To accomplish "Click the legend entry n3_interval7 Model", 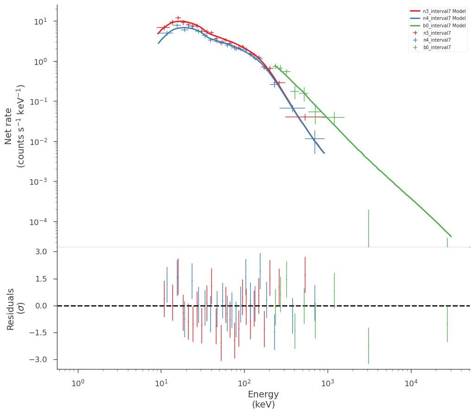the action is tap(438, 11).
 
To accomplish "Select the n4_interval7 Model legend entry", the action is tap(438, 19).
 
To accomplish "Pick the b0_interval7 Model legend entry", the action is tap(438, 25).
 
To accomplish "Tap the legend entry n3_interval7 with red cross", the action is tap(430, 33).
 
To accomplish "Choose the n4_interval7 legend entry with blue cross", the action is tap(430, 40).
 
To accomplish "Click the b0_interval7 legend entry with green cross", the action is tap(430, 47).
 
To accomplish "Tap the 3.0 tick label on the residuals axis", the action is tap(41, 252).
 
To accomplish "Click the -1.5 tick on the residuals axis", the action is tap(38, 332).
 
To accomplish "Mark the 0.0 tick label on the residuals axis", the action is tap(41, 306).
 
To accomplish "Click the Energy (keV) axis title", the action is tap(263, 399).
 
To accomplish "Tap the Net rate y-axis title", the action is tap(14, 126).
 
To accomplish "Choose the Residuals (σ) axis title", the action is tap(14, 309).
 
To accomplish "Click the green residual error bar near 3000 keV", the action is tap(368, 345).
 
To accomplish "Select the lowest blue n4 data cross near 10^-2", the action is tap(315, 139).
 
